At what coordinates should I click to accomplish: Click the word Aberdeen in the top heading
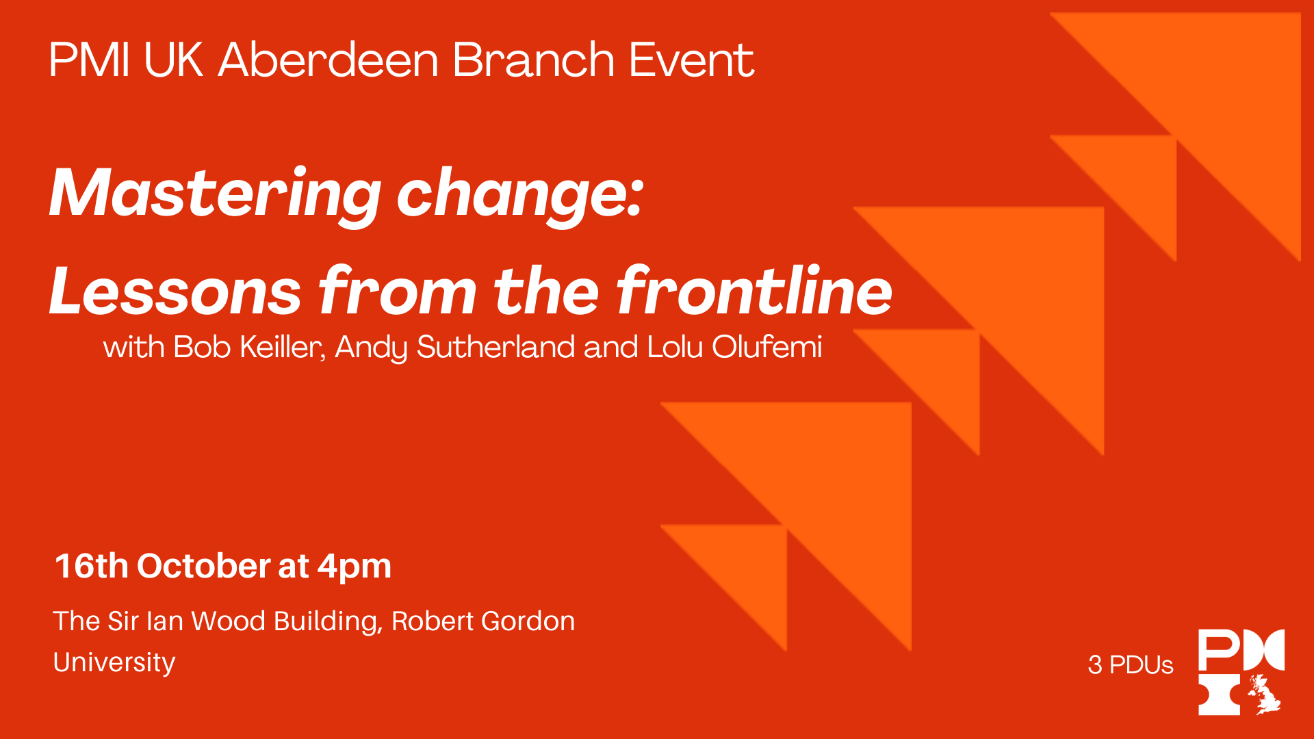[x=328, y=60]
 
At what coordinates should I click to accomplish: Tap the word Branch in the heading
[x=533, y=60]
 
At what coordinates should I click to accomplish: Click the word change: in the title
[x=520, y=194]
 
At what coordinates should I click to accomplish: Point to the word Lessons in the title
[x=175, y=291]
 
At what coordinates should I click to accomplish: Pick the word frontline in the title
[x=754, y=290]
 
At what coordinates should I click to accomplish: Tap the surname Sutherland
[x=495, y=347]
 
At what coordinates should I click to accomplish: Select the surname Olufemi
[x=766, y=347]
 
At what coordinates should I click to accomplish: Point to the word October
[x=204, y=566]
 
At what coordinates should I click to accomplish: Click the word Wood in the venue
[x=228, y=621]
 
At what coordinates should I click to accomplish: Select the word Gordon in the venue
[x=528, y=621]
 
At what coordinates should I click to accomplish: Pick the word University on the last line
[x=114, y=662]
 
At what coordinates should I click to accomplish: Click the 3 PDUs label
[x=1131, y=664]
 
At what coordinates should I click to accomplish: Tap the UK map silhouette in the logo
[x=1263, y=694]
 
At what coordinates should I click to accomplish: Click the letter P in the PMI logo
[x=1218, y=649]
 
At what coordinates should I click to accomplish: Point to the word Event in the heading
[x=691, y=60]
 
